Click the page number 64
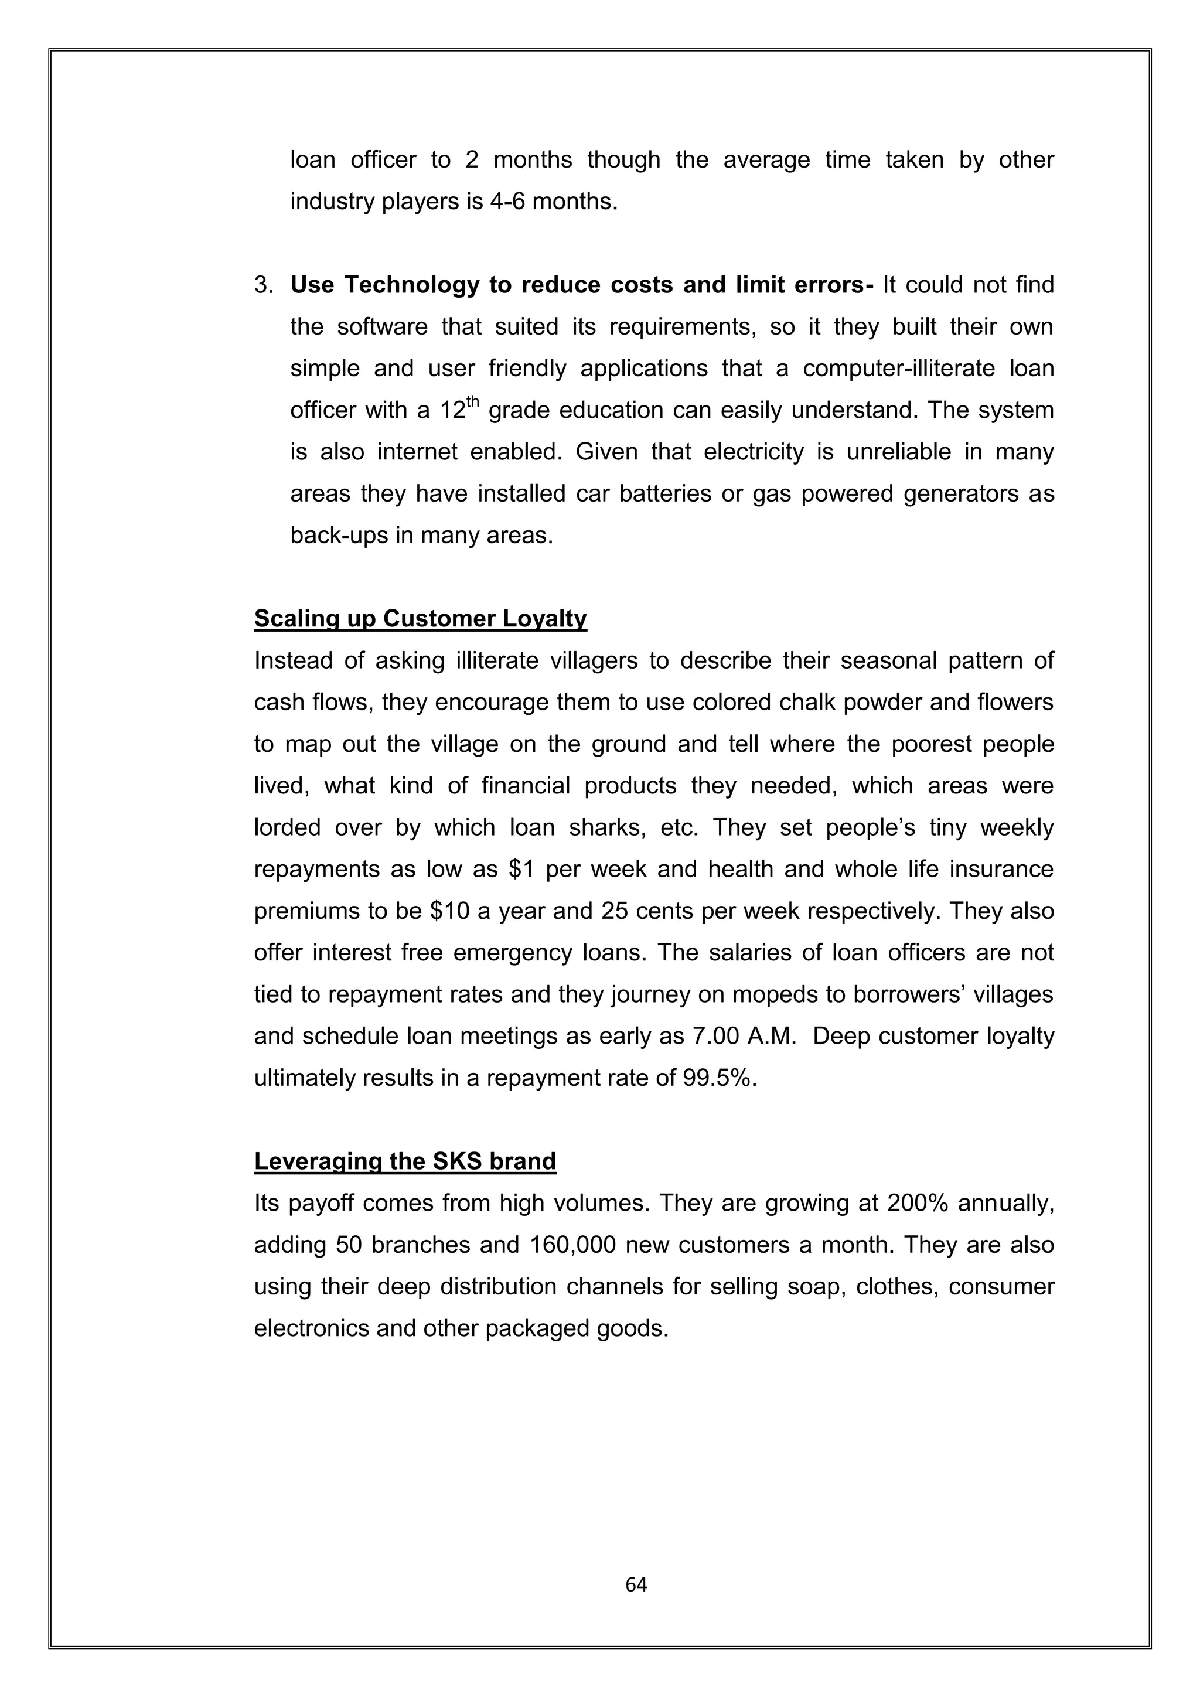pos(636,1584)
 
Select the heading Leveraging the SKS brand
pos(404,1161)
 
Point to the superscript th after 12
pos(473,402)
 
